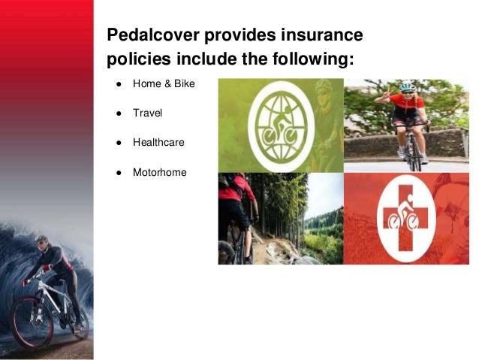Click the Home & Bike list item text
pos(163,84)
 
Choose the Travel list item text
pos(147,113)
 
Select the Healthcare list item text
pos(158,142)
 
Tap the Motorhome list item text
pos(159,172)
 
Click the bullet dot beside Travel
pos(119,113)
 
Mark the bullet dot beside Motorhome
pos(119,172)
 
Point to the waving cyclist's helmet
pos(407,86)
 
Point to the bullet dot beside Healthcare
pos(119,142)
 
